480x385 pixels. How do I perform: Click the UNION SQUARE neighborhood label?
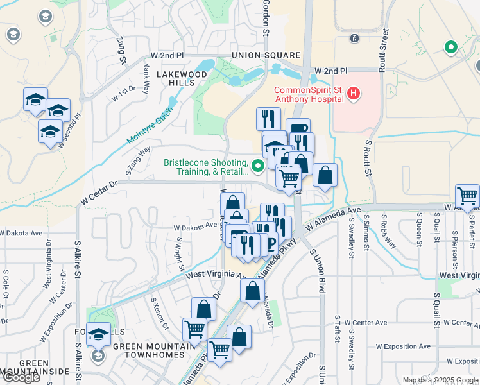(266, 55)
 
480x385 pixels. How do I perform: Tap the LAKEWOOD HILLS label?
(183, 79)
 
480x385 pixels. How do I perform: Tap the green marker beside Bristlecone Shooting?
(258, 167)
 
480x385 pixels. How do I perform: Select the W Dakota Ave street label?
(195, 226)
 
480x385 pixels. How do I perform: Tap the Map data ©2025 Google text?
(440, 380)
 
